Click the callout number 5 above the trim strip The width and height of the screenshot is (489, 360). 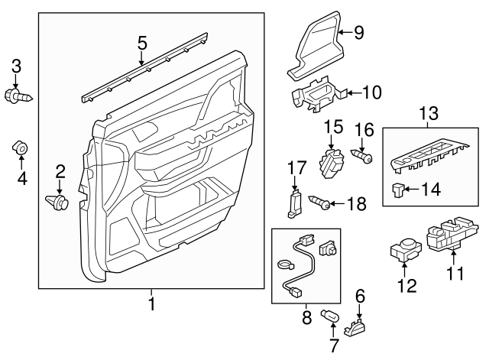point(141,44)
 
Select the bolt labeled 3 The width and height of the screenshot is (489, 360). point(19,97)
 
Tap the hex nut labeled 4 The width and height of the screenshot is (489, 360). point(21,147)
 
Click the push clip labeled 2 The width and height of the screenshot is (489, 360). point(58,203)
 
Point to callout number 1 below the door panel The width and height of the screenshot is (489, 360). point(151,305)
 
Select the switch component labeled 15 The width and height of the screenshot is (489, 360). point(332,162)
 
